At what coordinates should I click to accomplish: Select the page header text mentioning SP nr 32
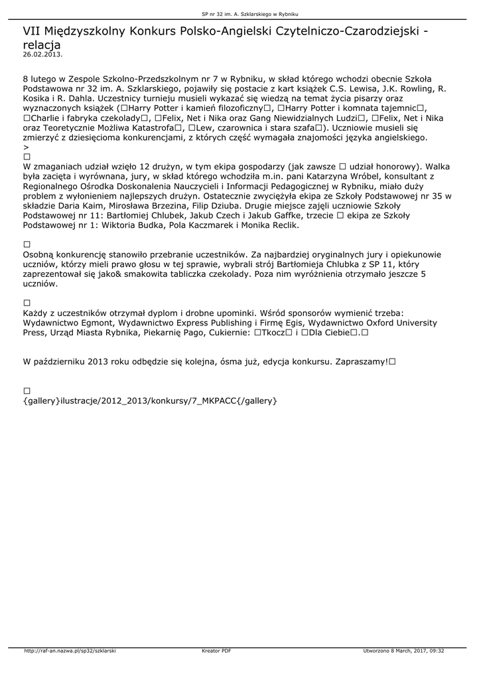[240, 14]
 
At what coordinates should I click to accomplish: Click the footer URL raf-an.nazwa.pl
[70, 651]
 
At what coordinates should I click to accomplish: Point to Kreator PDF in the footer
[216, 651]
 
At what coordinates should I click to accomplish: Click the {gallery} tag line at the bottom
[149, 401]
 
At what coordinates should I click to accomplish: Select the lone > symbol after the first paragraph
[25, 147]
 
